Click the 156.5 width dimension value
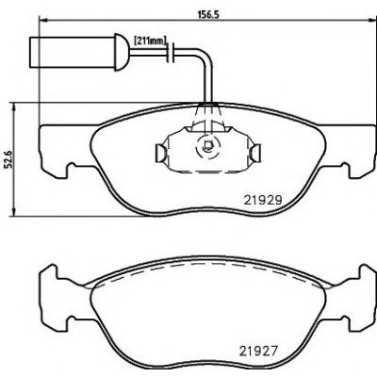click(207, 14)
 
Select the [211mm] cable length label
click(150, 41)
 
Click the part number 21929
click(263, 200)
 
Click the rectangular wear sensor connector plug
click(73, 52)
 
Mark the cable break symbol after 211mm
click(172, 52)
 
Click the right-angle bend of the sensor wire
click(205, 57)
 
